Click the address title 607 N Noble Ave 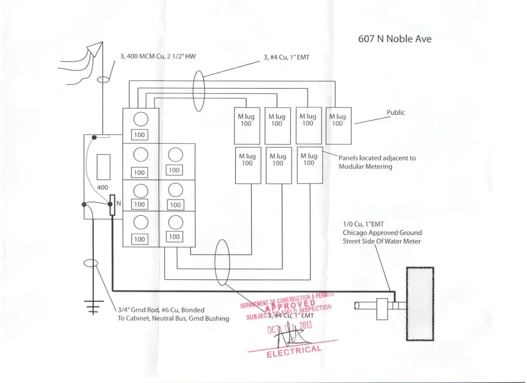[395, 39]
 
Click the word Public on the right [396, 113]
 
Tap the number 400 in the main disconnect [102, 188]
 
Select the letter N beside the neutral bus [119, 204]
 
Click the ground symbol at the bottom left [93, 307]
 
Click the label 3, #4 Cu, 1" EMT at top [286, 57]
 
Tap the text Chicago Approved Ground [382, 233]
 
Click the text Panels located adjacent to [377, 158]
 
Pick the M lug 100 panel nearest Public [338, 125]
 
